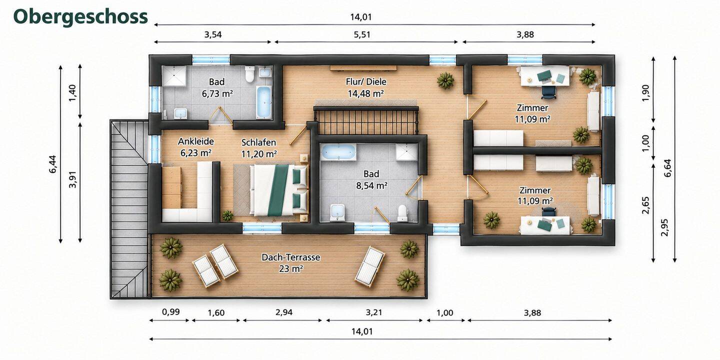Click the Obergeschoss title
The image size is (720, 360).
[x=80, y=16]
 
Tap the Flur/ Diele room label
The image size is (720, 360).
[x=366, y=81]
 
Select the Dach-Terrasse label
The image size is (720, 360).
[x=290, y=257]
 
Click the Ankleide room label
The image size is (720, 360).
[x=196, y=141]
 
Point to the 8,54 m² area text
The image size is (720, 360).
[x=371, y=185]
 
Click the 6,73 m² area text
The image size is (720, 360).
[x=217, y=93]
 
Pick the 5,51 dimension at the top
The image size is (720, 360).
[x=362, y=34]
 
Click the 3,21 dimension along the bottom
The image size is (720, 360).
[x=374, y=312]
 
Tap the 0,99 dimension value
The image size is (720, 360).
[x=170, y=311]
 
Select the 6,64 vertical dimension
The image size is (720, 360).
[x=667, y=168]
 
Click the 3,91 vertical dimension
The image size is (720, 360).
[x=73, y=179]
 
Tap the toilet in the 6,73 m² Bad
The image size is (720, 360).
[x=249, y=74]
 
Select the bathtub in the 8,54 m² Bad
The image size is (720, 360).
[x=339, y=151]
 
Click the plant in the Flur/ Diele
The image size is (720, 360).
[x=445, y=80]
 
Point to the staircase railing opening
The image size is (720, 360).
[x=366, y=121]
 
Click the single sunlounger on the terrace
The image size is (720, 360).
[x=370, y=266]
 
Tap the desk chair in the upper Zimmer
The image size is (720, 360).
[x=548, y=91]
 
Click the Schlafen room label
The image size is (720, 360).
[x=259, y=142]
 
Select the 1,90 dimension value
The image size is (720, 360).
[x=645, y=92]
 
